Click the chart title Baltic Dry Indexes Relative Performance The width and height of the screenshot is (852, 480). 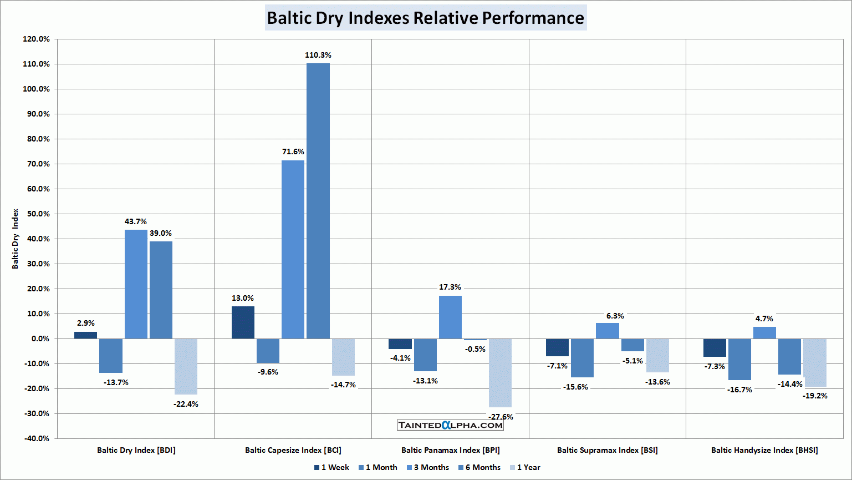425,18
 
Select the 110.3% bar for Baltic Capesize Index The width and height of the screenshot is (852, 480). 318,200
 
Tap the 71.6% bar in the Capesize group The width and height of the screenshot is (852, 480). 293,249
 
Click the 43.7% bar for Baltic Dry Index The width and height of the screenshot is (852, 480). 136,284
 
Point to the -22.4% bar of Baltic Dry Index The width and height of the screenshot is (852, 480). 186,366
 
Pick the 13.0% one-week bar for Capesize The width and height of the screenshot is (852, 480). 243,322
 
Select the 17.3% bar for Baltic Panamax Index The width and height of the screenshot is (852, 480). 450,317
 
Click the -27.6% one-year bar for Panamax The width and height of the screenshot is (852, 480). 500,372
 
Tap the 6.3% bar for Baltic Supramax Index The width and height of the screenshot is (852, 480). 608,331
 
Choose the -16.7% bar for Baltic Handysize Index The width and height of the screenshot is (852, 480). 739,359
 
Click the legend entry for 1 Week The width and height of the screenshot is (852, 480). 331,467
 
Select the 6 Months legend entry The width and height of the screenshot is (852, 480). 479,467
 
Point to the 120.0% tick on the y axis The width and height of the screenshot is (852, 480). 36,39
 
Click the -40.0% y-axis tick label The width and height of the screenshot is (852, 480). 36,438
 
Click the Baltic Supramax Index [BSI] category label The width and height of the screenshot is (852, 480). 607,450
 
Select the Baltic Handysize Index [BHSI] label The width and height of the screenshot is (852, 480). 764,450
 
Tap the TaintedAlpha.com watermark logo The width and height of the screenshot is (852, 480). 450,425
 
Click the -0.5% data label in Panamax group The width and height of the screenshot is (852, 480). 475,349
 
